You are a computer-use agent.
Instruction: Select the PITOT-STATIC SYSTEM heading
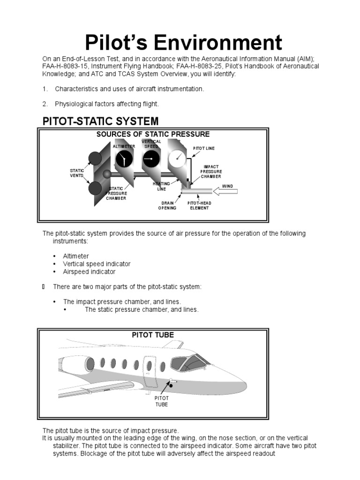pos(100,121)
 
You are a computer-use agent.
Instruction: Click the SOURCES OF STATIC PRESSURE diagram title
pos(153,134)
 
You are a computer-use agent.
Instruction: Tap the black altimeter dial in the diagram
pos(124,160)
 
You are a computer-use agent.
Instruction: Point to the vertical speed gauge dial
pos(150,160)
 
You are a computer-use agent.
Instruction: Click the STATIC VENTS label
pos(76,173)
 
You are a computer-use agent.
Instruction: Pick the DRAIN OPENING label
pos(168,205)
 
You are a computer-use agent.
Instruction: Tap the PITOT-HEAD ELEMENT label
pos(199,205)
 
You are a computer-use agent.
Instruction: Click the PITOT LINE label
pos(203,148)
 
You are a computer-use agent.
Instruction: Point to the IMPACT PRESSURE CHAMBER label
pos(211,172)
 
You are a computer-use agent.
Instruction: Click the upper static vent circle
pos(95,159)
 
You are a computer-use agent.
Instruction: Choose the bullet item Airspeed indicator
pos(89,271)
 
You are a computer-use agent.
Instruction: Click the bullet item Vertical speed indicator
pos(97,264)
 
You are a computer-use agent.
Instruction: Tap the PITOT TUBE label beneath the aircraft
pos(161,401)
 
